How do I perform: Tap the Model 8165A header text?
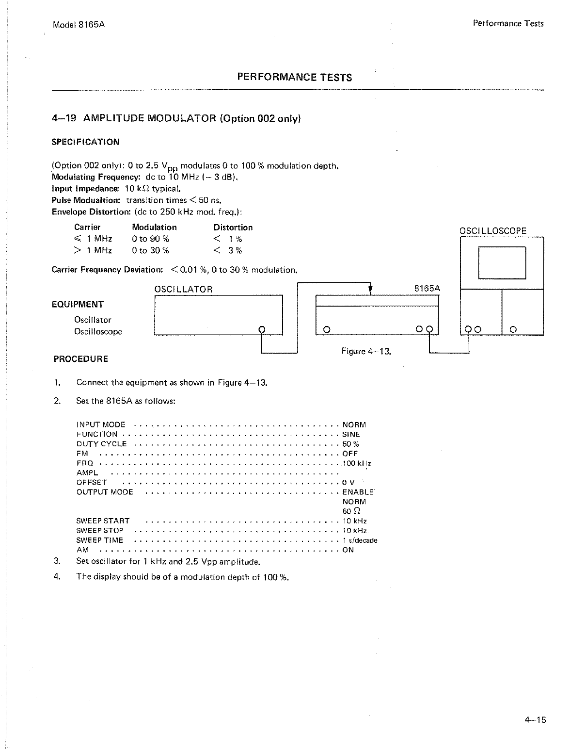[79, 24]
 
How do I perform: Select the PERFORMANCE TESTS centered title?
[294, 78]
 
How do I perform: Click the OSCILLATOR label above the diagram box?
[183, 290]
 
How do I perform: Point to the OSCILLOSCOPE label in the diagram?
[492, 231]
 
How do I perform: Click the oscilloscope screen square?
[502, 262]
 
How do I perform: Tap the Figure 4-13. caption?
[366, 351]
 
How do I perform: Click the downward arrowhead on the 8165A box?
[370, 290]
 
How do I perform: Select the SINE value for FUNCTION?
[351, 435]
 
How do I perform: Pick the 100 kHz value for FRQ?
[357, 463]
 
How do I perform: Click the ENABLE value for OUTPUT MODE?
[358, 492]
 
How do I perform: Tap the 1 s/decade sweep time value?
[360, 540]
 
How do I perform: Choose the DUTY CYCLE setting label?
[101, 444]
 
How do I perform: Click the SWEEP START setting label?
[103, 521]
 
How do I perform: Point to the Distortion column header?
[233, 228]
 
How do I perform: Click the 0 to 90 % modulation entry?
[150, 239]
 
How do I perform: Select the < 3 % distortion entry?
[228, 251]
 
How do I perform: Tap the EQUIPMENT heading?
[78, 305]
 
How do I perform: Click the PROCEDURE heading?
[81, 359]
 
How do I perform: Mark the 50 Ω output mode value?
[351, 511]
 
